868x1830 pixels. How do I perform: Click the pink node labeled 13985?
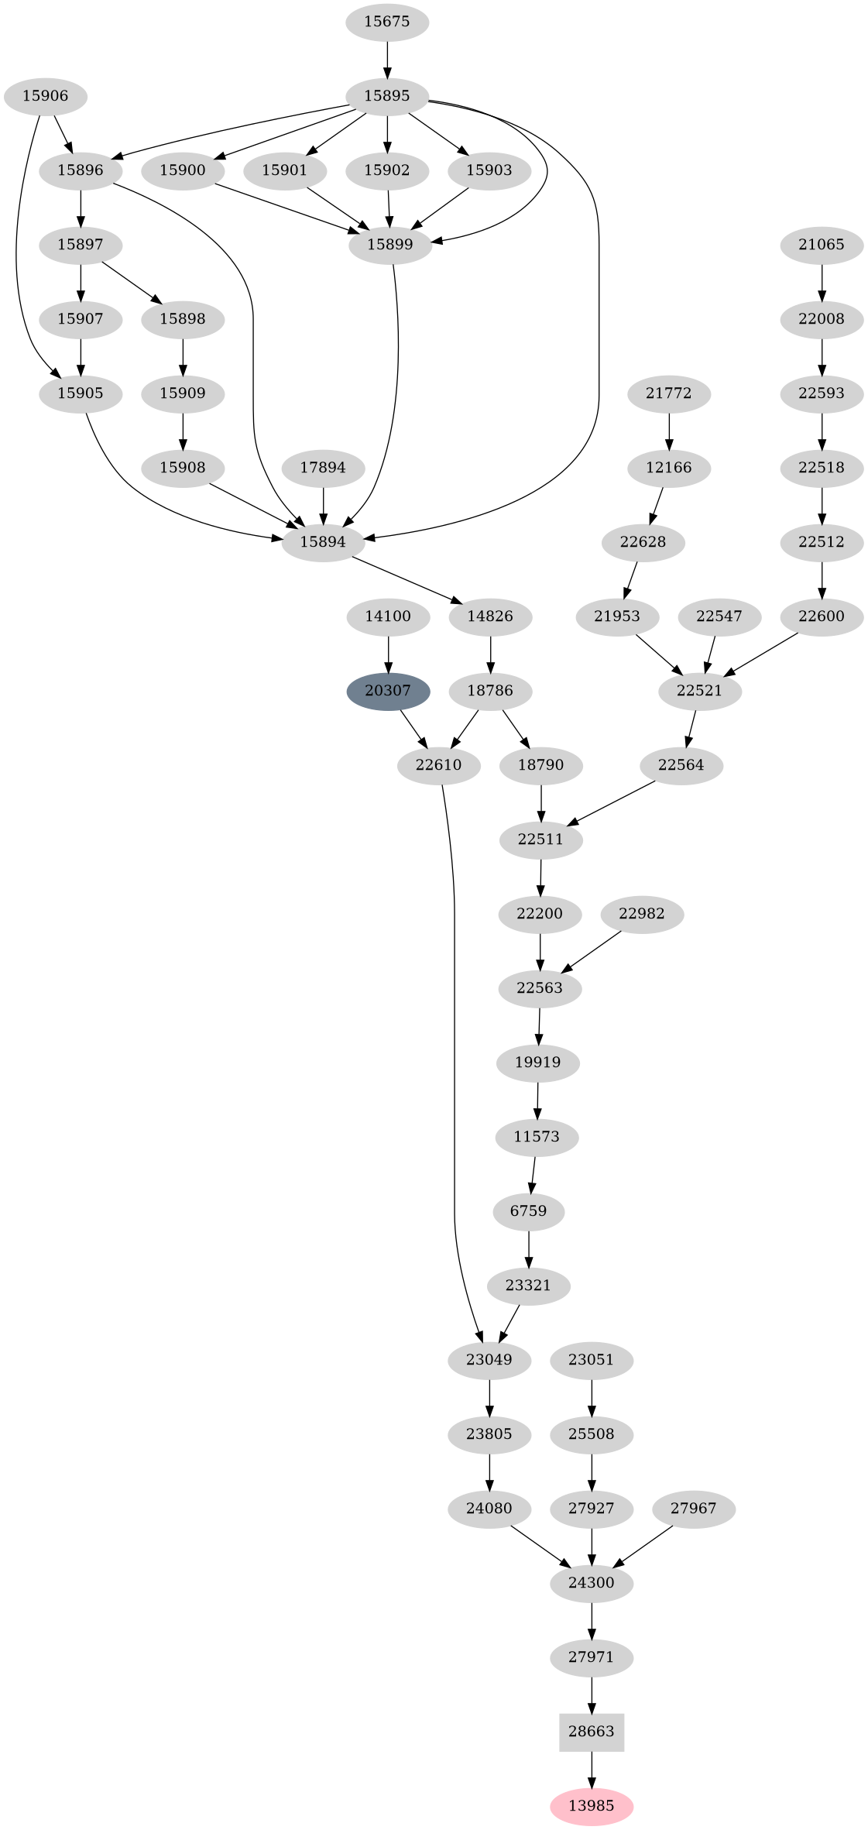point(592,1806)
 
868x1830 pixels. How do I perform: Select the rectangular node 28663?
point(592,1732)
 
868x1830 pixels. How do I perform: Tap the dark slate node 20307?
point(388,690)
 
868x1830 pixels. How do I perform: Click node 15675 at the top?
point(386,22)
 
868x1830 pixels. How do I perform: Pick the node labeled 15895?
point(386,96)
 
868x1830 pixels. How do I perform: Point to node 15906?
point(45,96)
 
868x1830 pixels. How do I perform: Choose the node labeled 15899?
point(390,245)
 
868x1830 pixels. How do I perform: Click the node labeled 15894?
point(323,541)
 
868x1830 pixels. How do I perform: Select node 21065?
point(822,245)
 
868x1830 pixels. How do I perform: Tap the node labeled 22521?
point(699,690)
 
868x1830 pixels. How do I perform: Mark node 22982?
point(642,914)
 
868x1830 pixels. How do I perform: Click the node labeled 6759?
point(529,1210)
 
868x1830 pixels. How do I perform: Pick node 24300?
point(592,1583)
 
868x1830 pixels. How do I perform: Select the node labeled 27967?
point(693,1509)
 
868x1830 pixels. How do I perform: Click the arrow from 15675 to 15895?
point(386,59)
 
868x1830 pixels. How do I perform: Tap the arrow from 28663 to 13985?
point(592,1769)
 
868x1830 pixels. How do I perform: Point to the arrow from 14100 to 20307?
point(388,653)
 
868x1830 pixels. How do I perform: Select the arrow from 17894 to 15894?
point(323,504)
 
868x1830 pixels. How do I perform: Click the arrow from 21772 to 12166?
point(669,430)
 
